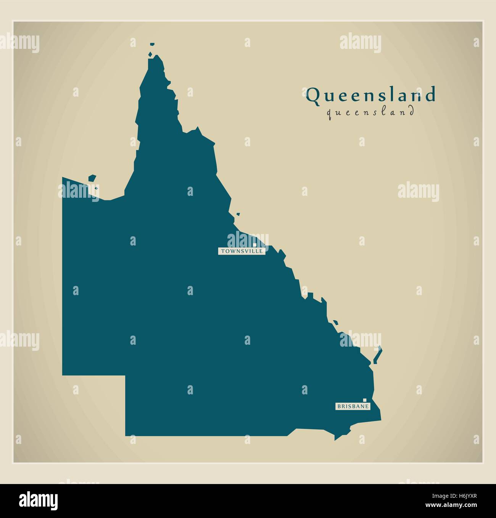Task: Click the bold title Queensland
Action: coord(370,95)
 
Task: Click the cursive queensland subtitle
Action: coord(370,112)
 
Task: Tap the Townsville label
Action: coord(241,251)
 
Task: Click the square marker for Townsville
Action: coord(254,245)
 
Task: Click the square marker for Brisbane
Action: coord(365,400)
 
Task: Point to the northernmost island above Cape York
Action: coord(152,45)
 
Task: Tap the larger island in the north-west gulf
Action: coord(92,178)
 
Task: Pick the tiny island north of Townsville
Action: coord(238,215)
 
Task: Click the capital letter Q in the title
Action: coord(313,95)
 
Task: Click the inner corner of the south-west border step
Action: coord(126,376)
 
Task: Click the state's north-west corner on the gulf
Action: coord(63,178)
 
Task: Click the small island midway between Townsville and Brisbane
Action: coord(335,323)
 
